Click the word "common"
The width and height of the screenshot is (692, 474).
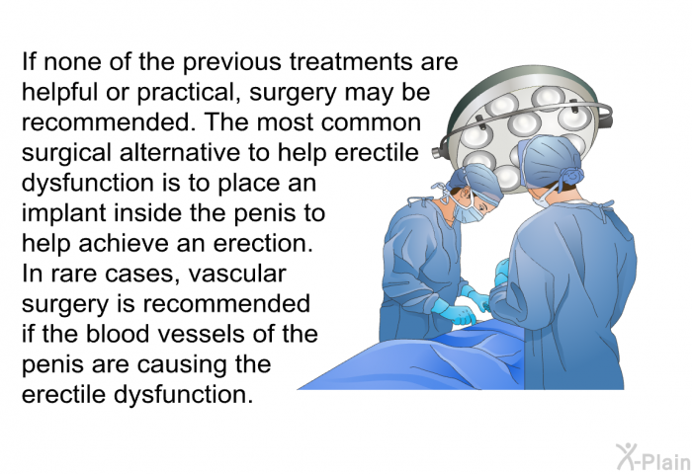pyautogui.click(x=371, y=122)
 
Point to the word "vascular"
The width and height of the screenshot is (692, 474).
pyautogui.click(x=237, y=274)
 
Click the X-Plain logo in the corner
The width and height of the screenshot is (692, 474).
pyautogui.click(x=654, y=457)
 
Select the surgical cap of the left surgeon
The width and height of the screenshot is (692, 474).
pyautogui.click(x=476, y=181)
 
